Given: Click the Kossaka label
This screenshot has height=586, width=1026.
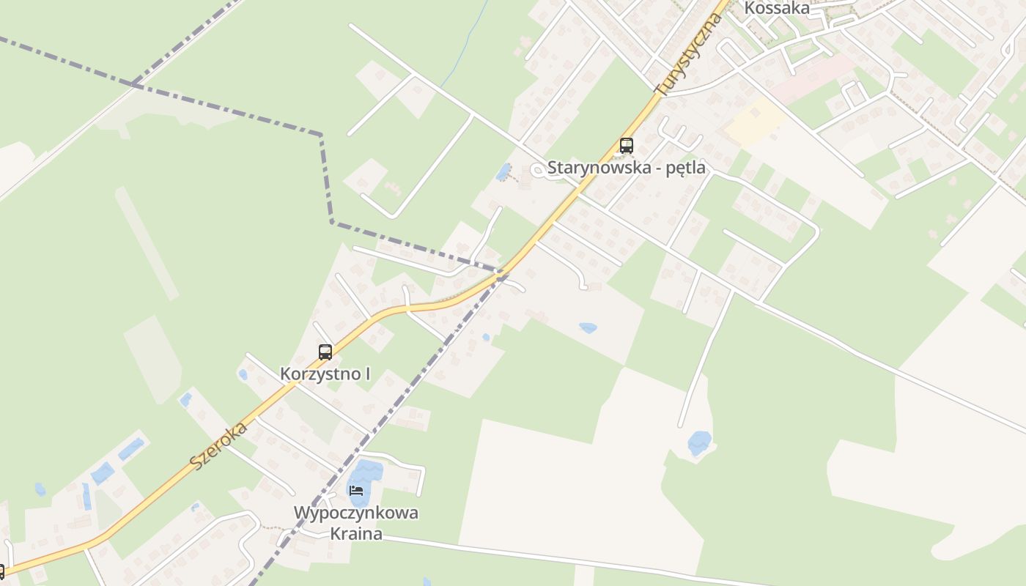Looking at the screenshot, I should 777,8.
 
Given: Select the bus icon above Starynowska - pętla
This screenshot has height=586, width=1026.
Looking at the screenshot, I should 626,145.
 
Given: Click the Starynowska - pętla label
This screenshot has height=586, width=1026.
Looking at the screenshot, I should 627,168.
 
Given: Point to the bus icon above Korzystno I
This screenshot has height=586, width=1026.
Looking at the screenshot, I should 325,352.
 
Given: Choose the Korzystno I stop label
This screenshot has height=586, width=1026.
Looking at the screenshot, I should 325,374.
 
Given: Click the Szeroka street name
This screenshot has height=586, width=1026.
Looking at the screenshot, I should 218,445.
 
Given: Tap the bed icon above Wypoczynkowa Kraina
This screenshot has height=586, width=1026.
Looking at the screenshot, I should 356,490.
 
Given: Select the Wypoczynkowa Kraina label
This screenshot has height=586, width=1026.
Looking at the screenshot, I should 356,522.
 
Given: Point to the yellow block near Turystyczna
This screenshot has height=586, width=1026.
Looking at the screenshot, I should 753,121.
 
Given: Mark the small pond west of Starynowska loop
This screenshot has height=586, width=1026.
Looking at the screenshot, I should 503,172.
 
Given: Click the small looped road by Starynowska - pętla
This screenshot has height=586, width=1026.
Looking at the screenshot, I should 538,170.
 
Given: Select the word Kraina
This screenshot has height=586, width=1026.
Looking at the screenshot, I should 356,533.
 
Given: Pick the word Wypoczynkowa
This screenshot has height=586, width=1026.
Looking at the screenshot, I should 356,513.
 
